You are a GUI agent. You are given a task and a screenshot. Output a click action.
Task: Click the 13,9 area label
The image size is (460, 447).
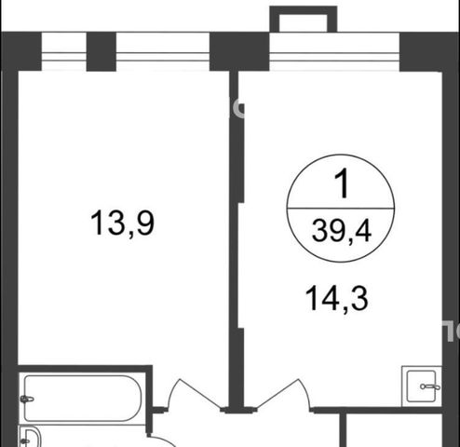click(122, 223)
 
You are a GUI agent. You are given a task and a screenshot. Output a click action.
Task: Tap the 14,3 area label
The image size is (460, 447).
click(337, 298)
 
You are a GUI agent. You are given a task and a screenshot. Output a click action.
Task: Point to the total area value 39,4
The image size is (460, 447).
click(342, 230)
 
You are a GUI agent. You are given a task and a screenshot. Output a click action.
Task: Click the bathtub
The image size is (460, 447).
click(83, 399)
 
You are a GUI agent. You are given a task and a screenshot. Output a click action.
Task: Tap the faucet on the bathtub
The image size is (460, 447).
click(27, 399)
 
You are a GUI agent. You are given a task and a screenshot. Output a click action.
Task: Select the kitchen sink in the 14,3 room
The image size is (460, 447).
click(421, 386)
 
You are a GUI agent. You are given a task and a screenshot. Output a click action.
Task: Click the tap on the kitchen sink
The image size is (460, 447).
click(430, 386)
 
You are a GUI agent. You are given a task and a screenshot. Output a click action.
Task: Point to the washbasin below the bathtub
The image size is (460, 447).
click(31, 437)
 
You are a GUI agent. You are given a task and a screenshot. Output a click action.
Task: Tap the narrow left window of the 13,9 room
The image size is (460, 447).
click(63, 51)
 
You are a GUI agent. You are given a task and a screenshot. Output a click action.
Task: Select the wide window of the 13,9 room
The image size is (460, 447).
click(163, 51)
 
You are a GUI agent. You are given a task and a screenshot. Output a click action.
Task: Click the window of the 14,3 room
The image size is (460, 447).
click(334, 51)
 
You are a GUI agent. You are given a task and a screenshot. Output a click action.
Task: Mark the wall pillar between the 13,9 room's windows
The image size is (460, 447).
click(101, 51)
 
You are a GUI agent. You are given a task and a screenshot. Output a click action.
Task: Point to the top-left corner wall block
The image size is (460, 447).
click(21, 51)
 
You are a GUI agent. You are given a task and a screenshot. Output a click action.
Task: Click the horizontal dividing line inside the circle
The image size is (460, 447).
click(341, 209)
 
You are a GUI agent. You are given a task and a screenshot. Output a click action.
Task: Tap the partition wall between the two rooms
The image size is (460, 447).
click(235, 239)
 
